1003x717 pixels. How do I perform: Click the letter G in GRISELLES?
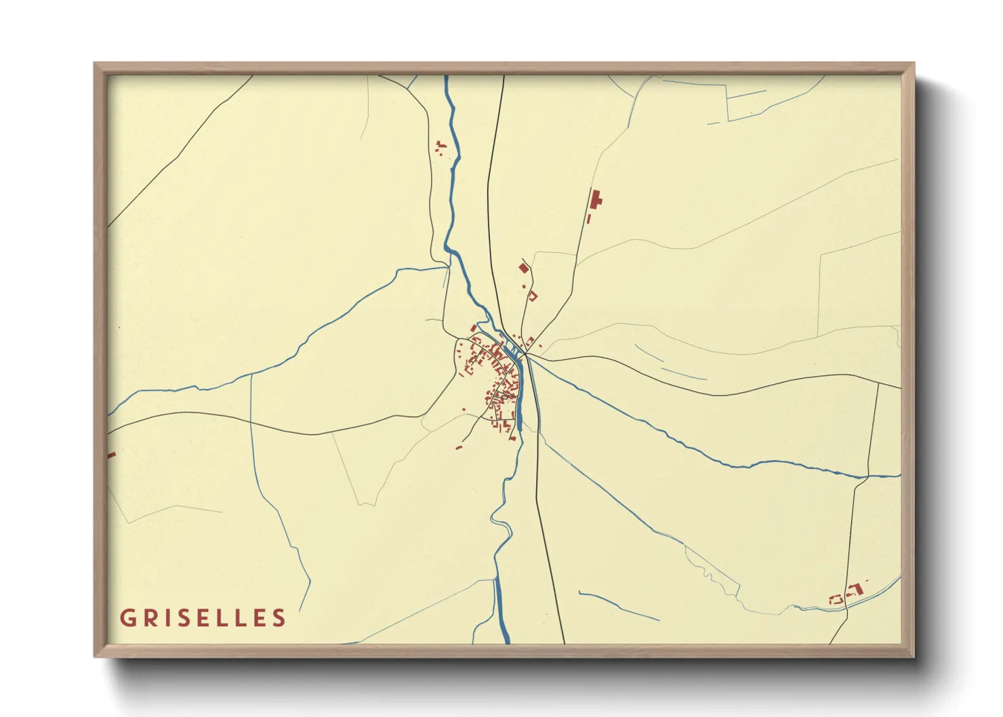pos(127,618)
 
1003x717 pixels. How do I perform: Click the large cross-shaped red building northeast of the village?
pos(596,200)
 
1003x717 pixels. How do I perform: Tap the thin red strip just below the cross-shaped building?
pos(589,219)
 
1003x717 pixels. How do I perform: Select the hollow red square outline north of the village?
pos(533,295)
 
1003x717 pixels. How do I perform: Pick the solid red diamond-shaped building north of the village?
pos(523,268)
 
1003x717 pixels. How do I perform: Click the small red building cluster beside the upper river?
pos(441,148)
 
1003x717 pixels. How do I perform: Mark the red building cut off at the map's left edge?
pos(111,455)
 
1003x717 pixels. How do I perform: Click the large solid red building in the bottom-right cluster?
pos(856,590)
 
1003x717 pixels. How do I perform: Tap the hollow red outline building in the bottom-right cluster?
pos(836,600)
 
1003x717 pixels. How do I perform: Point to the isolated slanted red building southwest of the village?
pos(459,447)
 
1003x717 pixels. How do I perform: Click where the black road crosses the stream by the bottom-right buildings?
pos(846,607)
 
